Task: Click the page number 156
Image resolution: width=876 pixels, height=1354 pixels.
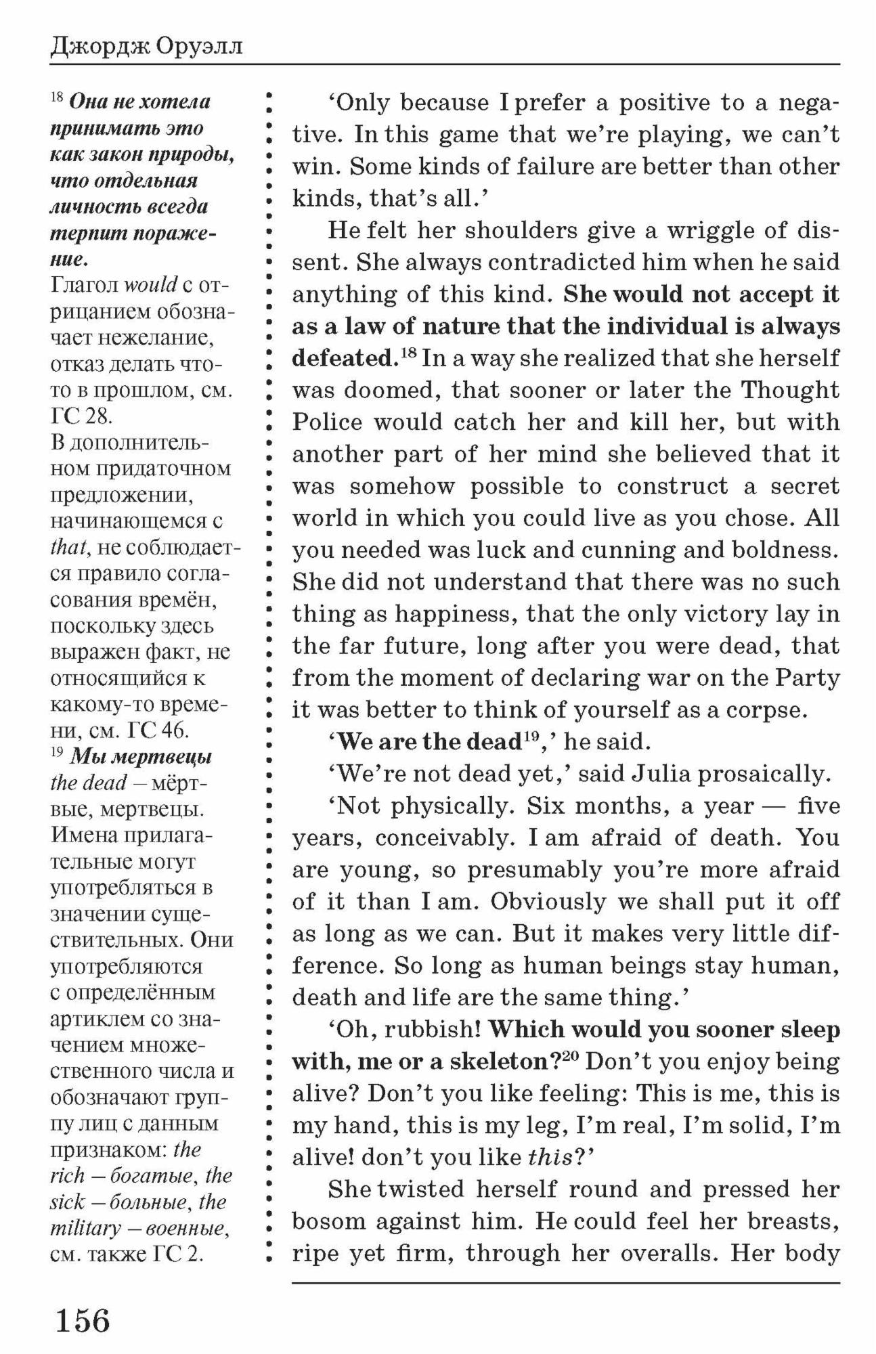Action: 82,1320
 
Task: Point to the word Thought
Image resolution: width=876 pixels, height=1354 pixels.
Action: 789,390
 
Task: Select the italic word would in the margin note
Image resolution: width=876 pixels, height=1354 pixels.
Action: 151,285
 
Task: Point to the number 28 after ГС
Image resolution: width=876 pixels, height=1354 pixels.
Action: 98,416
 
